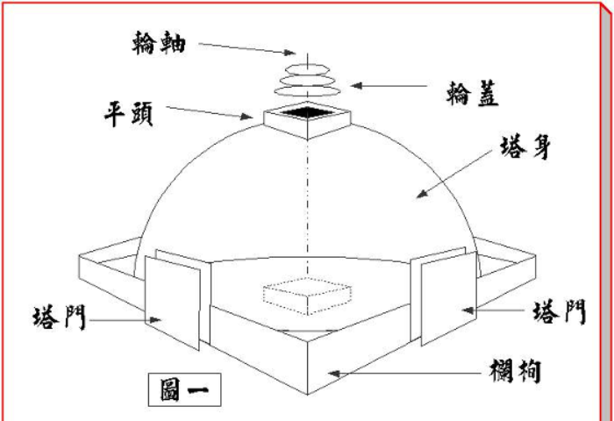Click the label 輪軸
(x=159, y=43)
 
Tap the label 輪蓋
(x=473, y=94)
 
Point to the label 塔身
(x=525, y=147)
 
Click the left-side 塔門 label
(x=59, y=318)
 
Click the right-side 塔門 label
(x=560, y=311)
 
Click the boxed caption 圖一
(x=184, y=389)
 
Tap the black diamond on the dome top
(x=307, y=112)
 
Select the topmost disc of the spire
(x=307, y=69)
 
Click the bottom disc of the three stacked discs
(x=307, y=91)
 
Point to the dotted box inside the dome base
(x=307, y=296)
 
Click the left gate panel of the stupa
(x=172, y=303)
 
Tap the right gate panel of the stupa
(x=449, y=298)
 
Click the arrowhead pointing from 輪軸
(x=290, y=52)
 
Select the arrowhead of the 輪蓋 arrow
(x=355, y=85)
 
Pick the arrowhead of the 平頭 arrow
(x=246, y=117)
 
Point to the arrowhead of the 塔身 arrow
(x=421, y=194)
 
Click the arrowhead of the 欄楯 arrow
(x=333, y=374)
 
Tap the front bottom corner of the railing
(x=307, y=394)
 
